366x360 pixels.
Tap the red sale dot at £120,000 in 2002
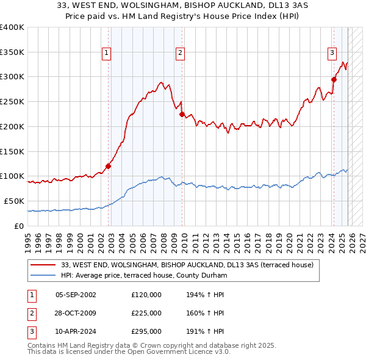[109, 165]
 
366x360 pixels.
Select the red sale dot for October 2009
[182, 113]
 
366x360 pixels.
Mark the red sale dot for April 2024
[334, 79]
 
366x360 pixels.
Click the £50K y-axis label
[15, 201]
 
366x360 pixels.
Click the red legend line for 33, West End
[44, 265]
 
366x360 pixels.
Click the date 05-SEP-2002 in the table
[76, 295]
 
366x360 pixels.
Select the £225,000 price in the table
[146, 313]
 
